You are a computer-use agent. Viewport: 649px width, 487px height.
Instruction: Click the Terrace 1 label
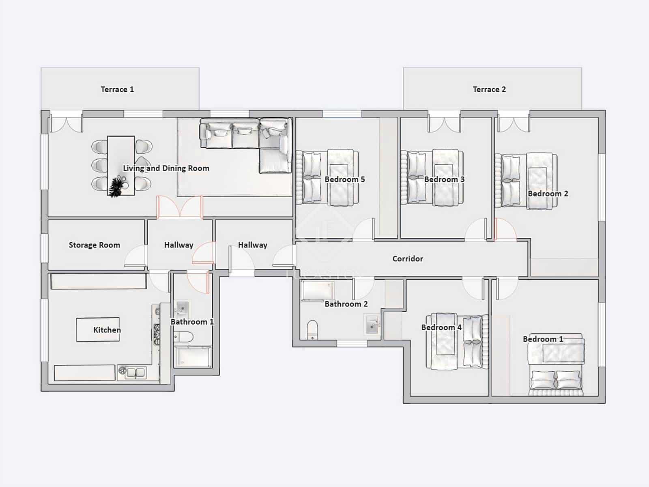(x=117, y=89)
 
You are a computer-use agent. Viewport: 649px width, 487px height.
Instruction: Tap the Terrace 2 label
(x=489, y=89)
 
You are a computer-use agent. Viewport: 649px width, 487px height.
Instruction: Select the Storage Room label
(x=94, y=245)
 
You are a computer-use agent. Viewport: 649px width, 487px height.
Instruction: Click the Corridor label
(x=408, y=259)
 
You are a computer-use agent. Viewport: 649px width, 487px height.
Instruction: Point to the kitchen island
(x=98, y=330)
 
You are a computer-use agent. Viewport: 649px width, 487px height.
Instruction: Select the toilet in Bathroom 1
(x=183, y=336)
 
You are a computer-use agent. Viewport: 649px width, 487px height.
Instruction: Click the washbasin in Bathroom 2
(x=372, y=325)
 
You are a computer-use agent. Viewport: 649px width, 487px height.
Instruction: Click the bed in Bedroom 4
(x=456, y=342)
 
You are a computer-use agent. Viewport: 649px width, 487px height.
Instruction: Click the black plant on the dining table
(x=116, y=187)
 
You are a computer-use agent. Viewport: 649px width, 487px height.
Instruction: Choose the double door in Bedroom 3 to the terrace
(x=445, y=123)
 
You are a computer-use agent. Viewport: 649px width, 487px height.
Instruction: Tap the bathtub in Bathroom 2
(x=318, y=291)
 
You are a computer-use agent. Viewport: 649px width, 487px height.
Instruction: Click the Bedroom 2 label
(x=548, y=194)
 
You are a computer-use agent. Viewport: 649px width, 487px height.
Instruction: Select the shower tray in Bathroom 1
(x=193, y=357)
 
